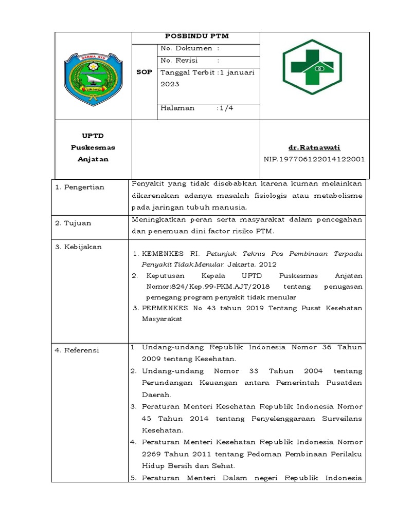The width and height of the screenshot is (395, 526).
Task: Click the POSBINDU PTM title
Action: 196,36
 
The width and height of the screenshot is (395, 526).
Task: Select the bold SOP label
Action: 145,72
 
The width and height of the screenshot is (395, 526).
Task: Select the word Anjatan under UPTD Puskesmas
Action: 93,159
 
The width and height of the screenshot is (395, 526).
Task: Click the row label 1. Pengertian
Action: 80,187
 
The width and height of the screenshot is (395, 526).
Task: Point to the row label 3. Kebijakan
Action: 78,247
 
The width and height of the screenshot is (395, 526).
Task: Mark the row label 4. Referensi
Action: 77,350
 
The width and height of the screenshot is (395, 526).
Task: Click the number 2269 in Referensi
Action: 152,454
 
